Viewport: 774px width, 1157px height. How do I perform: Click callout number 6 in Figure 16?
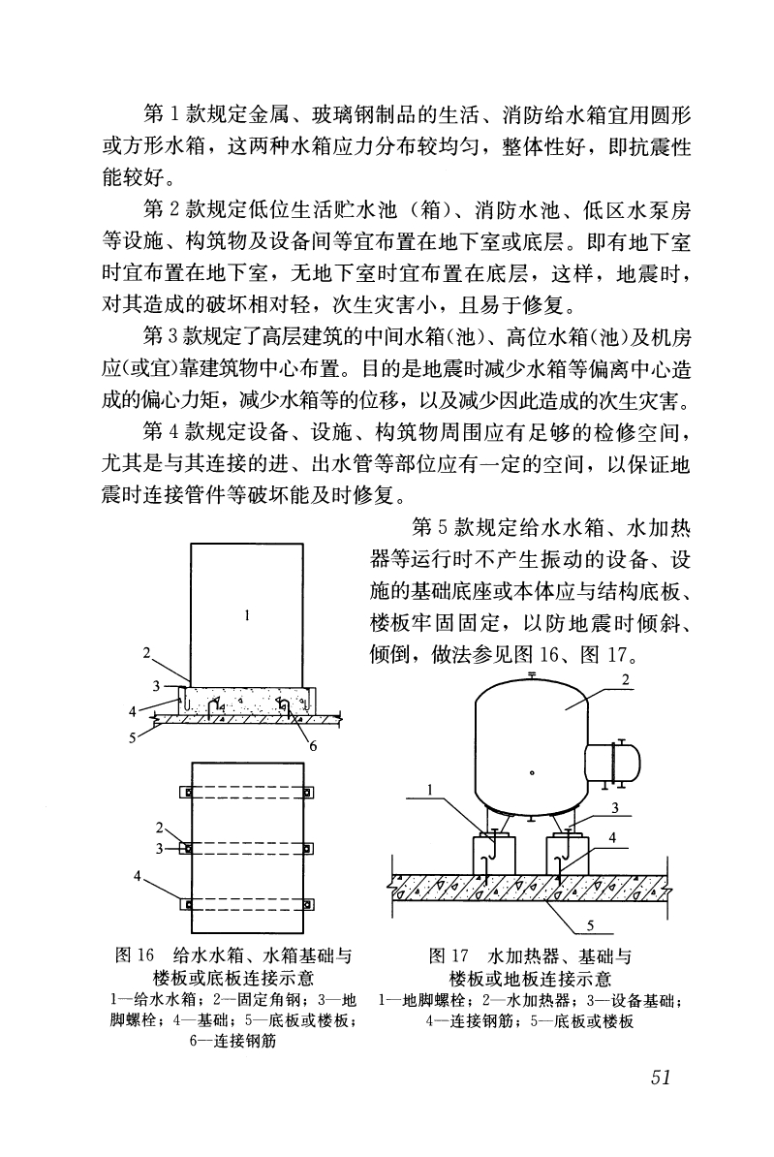point(313,745)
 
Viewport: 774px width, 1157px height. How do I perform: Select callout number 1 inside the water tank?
point(248,613)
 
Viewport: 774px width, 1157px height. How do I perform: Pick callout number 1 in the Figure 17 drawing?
point(428,791)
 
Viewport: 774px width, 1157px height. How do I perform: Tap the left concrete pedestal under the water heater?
point(491,855)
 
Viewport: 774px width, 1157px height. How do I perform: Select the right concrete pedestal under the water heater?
point(568,855)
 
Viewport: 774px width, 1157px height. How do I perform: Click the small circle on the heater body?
point(531,773)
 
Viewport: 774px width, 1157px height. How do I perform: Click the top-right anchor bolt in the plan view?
point(309,794)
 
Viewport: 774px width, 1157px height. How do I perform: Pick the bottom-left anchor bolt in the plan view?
point(188,904)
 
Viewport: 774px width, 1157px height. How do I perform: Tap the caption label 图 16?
point(133,957)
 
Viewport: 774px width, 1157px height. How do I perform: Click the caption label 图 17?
point(448,957)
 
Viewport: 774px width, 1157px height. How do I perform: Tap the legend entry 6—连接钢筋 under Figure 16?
point(229,1042)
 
